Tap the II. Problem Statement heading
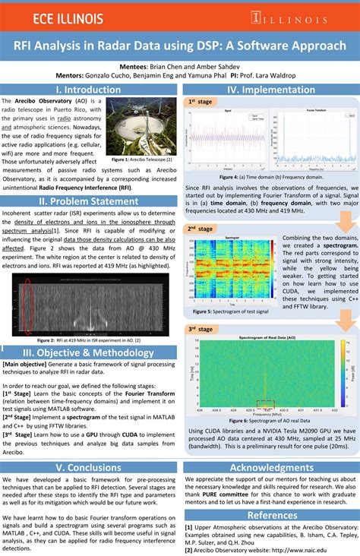(x=89, y=201)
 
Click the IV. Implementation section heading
(x=270, y=90)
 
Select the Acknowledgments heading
(x=271, y=468)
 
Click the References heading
(x=271, y=515)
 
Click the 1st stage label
(x=201, y=102)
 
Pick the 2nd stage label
(x=201, y=229)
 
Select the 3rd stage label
(x=201, y=329)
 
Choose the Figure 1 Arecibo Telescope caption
(x=142, y=160)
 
